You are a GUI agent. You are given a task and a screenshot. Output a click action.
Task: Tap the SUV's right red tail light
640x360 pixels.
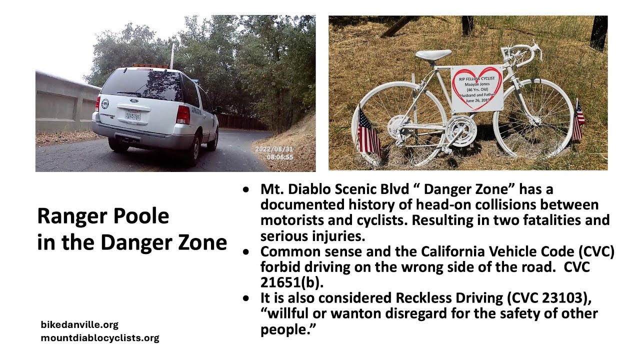click(x=183, y=114)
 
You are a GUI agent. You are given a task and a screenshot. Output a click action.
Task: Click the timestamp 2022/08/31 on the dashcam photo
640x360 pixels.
click(x=274, y=149)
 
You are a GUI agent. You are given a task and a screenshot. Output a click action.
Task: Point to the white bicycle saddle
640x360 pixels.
click(x=433, y=54)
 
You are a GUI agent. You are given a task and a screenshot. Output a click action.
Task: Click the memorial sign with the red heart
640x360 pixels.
click(x=477, y=88)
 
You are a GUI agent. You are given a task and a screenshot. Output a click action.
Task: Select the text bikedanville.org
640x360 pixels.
click(x=79, y=325)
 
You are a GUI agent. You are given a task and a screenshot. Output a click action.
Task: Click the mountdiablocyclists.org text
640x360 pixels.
click(x=100, y=338)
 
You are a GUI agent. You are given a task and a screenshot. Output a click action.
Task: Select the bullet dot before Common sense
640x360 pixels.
click(x=245, y=251)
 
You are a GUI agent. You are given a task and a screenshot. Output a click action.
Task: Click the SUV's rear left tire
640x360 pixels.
click(x=118, y=145)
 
